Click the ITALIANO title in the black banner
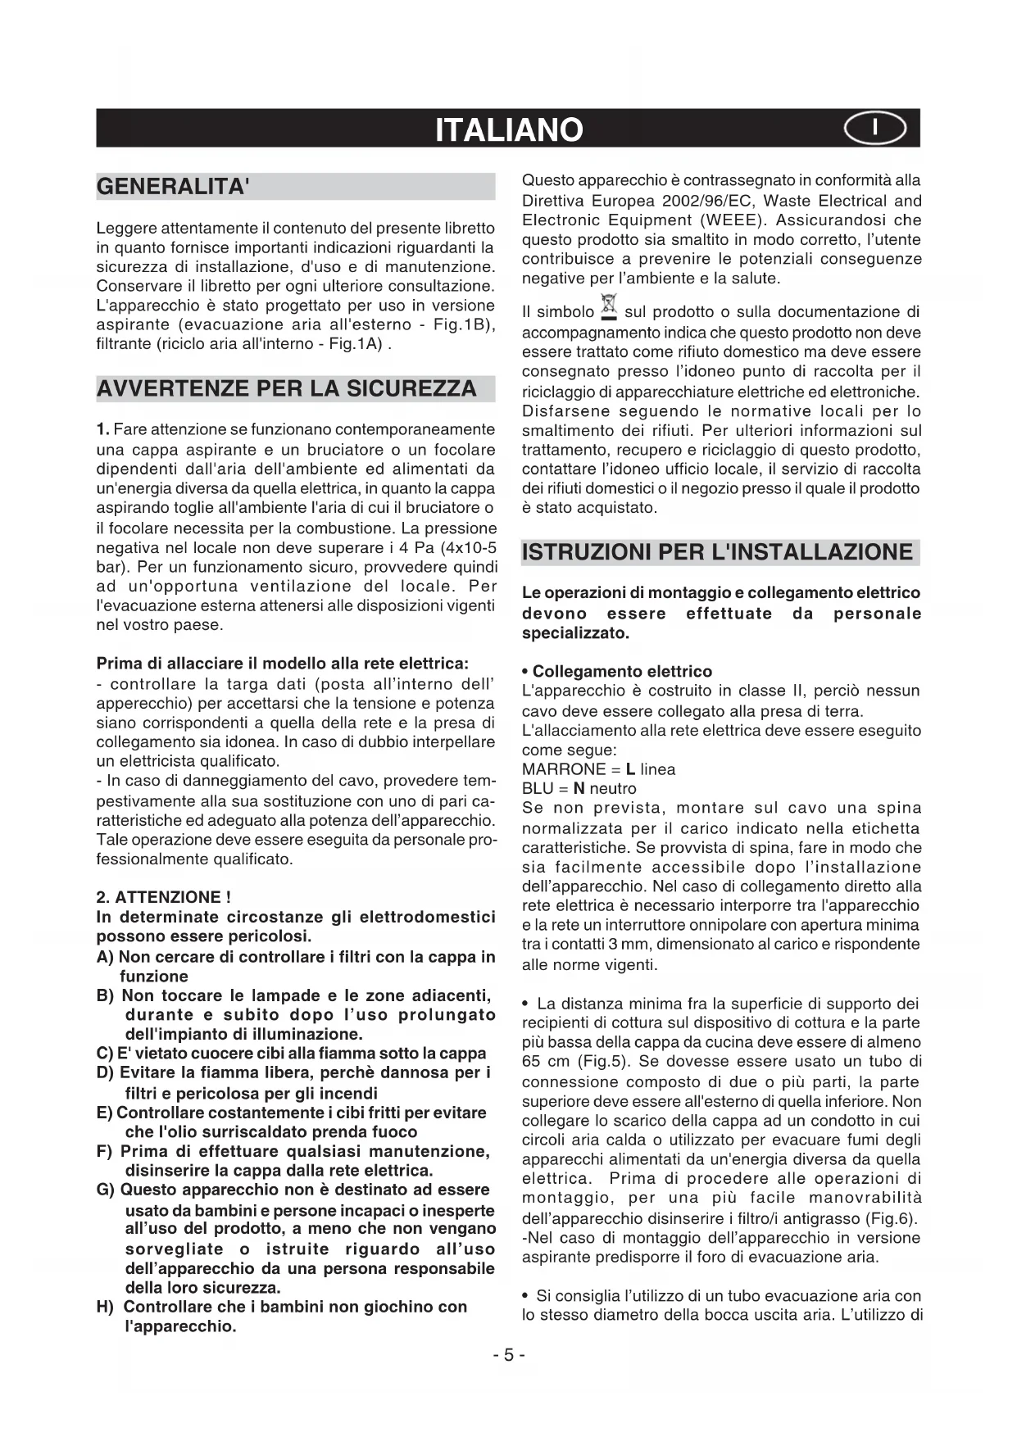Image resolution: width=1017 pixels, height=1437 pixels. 509,129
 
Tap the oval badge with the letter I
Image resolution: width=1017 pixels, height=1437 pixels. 875,129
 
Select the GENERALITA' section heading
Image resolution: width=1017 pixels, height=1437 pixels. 173,187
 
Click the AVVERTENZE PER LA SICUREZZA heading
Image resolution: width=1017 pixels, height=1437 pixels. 286,388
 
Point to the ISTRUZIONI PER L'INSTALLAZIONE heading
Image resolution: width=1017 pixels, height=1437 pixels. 717,551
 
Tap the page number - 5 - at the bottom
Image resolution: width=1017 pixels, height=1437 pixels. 509,1355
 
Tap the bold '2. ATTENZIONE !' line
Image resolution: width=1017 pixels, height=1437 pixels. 163,897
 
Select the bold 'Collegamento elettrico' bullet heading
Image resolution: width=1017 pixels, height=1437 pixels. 621,672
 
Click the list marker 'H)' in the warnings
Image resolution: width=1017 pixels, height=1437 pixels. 106,1308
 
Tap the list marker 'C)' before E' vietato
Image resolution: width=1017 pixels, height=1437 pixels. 105,1054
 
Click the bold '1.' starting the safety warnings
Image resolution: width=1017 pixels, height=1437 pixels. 102,429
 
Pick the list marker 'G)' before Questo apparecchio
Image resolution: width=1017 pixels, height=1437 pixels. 106,1190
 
